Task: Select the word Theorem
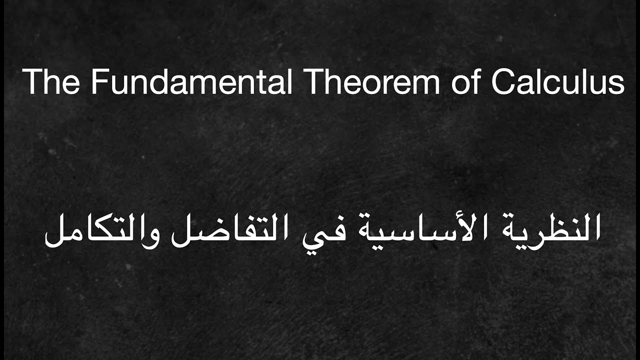[372, 82]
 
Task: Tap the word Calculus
[557, 82]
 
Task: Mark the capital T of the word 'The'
[31, 82]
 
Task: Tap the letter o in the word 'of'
[460, 85]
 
